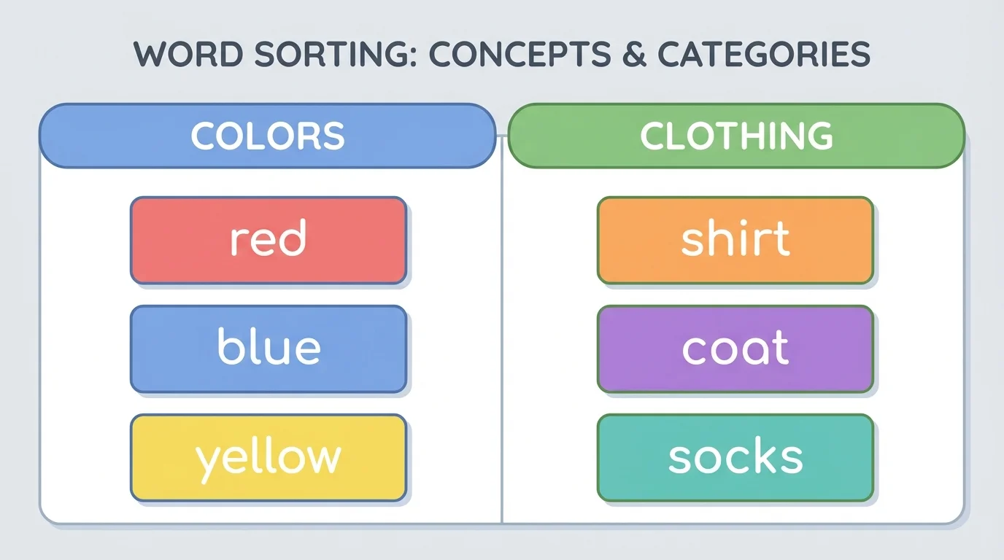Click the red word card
[x=268, y=240]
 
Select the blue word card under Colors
[x=268, y=349]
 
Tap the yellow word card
[x=268, y=457]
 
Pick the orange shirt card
[x=735, y=240]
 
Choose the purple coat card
[x=735, y=349]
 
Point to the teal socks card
[x=735, y=457]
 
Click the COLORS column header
[x=267, y=136]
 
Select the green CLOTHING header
[x=735, y=136]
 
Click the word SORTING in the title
[x=325, y=55]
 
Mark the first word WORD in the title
[x=184, y=55]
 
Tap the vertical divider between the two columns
[x=502, y=343]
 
